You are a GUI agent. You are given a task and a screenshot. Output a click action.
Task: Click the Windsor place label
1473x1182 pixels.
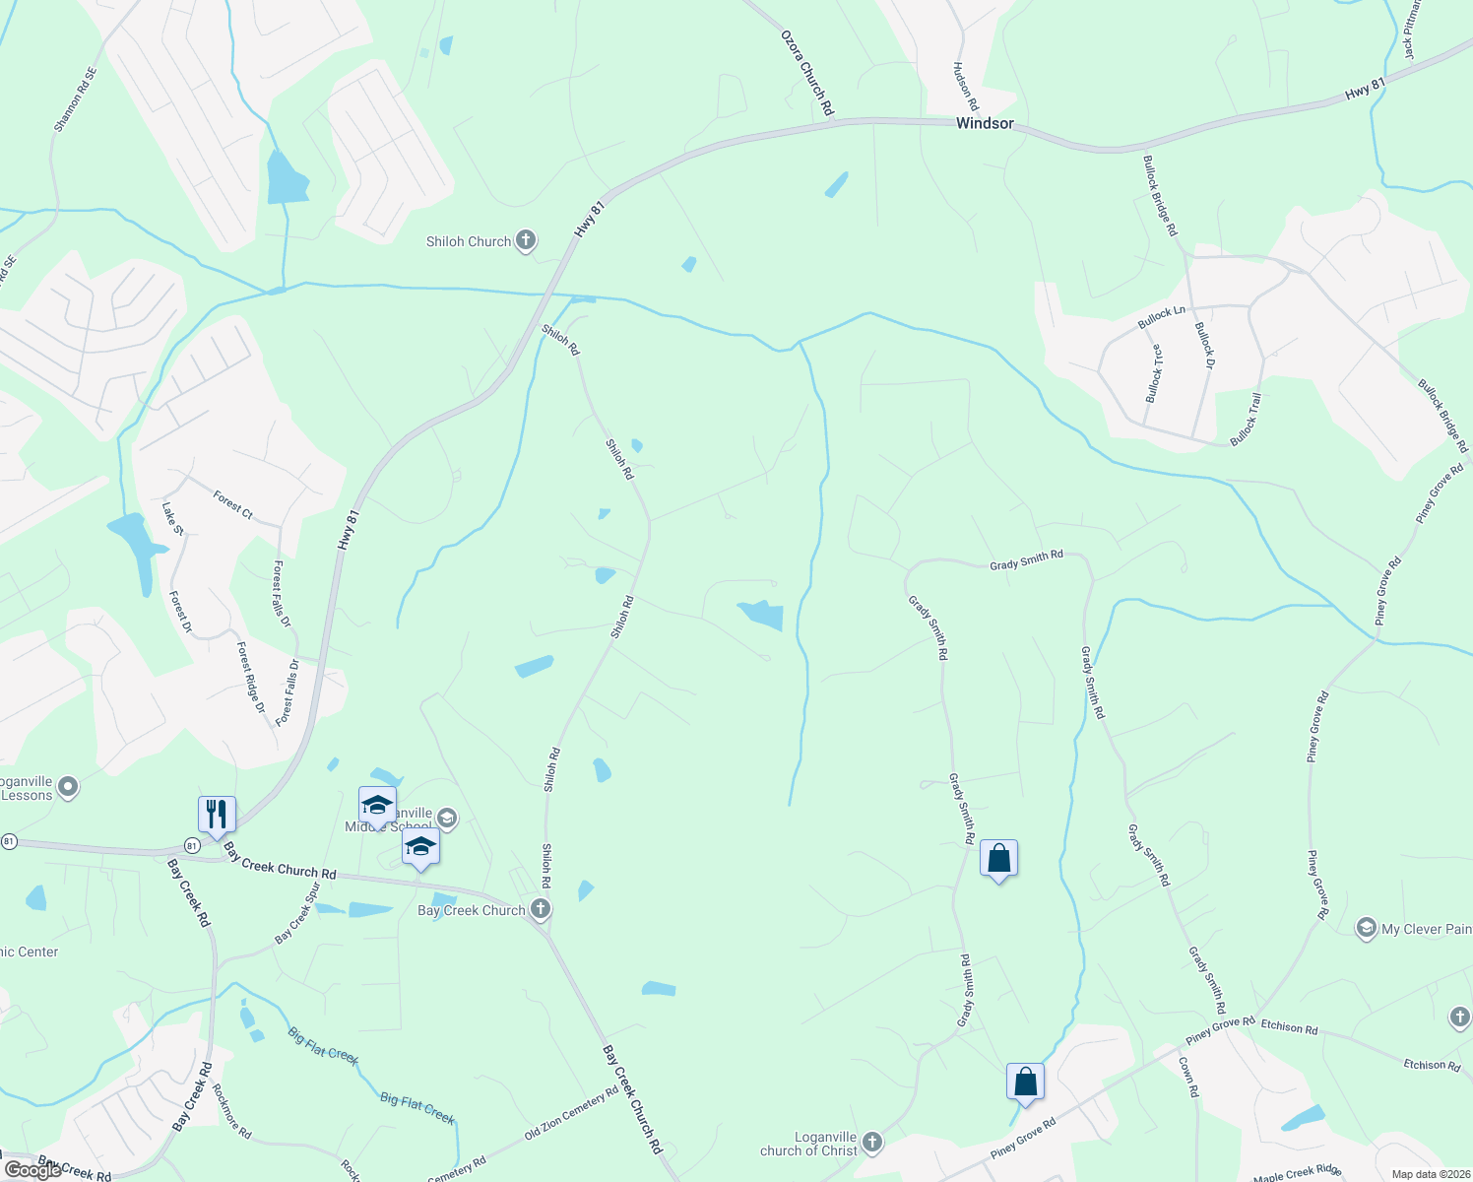click(985, 123)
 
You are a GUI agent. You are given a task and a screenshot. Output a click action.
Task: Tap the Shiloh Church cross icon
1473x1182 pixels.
click(526, 240)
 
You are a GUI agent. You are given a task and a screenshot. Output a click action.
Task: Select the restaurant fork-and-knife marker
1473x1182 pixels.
click(217, 815)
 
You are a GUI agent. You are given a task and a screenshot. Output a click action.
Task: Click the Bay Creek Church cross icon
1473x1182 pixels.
click(540, 908)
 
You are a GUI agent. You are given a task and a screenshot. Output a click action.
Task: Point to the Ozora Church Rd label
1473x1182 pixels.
click(807, 73)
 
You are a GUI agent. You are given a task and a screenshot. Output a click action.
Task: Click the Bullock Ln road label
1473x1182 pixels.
click(1162, 317)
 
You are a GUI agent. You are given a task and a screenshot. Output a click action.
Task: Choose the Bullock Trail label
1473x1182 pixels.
click(1246, 419)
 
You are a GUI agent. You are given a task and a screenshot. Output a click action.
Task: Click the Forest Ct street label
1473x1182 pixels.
click(233, 505)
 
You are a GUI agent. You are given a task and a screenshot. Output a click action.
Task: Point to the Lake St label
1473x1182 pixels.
click(172, 519)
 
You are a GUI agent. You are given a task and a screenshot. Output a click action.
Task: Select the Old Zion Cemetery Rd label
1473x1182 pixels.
click(571, 1113)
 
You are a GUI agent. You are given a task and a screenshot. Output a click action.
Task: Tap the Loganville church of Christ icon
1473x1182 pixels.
click(871, 1143)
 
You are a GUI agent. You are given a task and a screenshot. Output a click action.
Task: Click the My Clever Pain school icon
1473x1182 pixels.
click(1366, 928)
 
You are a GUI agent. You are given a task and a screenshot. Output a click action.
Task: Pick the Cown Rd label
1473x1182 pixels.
click(1187, 1077)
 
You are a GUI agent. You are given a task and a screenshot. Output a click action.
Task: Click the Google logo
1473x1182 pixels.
click(32, 1169)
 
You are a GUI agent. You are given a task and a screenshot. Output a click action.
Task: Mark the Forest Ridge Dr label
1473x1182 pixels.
click(252, 678)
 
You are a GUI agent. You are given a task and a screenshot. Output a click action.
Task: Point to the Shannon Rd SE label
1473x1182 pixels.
click(76, 99)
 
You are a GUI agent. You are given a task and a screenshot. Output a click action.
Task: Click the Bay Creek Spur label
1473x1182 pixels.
click(298, 913)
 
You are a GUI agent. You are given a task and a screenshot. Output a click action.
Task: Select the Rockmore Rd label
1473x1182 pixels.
click(232, 1111)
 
